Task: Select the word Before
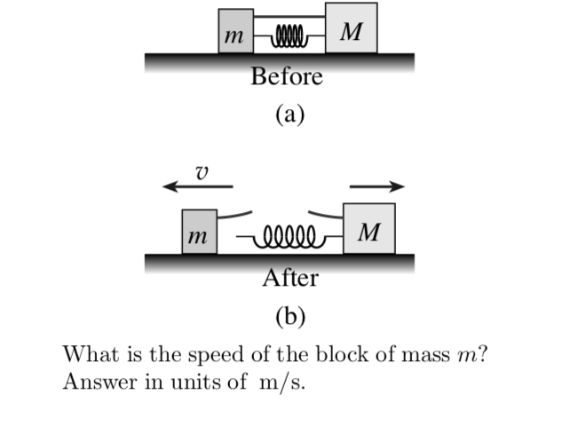(x=286, y=77)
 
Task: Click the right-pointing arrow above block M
(x=377, y=186)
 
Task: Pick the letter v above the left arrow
(x=202, y=170)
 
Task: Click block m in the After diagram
(x=199, y=233)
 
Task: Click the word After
(x=290, y=279)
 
